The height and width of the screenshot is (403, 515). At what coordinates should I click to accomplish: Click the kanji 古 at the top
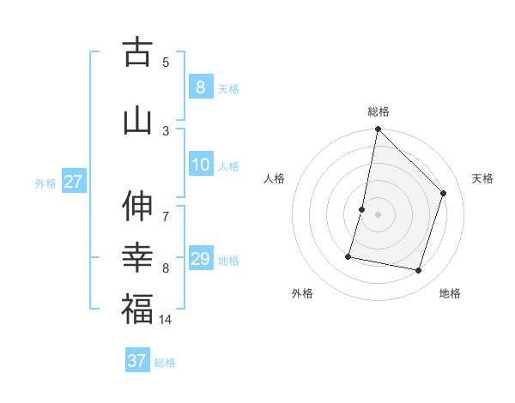[137, 52]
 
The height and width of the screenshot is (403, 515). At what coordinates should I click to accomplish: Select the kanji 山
[137, 120]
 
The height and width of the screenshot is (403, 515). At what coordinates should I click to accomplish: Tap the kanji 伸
[137, 207]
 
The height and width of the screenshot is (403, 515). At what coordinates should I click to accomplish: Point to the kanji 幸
[137, 257]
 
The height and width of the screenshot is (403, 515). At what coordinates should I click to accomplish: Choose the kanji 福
[137, 310]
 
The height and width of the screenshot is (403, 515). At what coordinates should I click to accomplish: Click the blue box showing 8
[200, 87]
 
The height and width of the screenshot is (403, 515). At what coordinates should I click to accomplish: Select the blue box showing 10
[200, 165]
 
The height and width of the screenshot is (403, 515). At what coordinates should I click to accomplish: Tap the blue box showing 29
[200, 259]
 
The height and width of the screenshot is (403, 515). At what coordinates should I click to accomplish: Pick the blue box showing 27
[73, 182]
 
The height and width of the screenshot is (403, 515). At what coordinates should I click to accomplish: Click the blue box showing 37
[136, 361]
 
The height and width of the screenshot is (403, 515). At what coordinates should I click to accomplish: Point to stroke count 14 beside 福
[166, 320]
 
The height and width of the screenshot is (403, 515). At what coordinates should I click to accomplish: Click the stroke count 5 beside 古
[166, 62]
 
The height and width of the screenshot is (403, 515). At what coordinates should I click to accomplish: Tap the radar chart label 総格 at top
[378, 111]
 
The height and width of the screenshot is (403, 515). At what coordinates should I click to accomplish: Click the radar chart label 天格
[482, 178]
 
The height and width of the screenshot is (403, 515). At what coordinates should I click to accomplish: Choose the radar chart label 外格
[302, 293]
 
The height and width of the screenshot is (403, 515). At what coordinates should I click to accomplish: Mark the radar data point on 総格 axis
[378, 129]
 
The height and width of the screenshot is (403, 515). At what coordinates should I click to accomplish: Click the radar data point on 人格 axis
[362, 209]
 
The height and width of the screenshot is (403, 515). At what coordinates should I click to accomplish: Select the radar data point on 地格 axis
[418, 270]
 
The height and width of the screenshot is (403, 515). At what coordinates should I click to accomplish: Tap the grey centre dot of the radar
[378, 214]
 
